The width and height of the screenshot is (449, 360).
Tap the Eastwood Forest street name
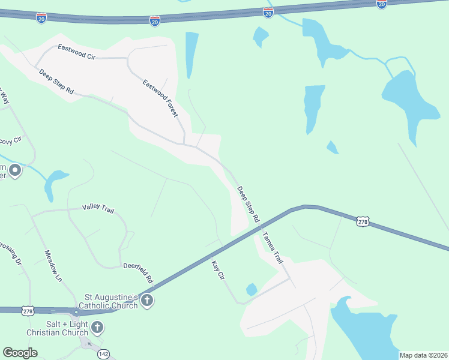161,97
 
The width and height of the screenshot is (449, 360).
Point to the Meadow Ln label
53,266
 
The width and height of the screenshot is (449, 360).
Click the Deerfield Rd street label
139,272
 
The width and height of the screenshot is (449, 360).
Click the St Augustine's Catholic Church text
111,301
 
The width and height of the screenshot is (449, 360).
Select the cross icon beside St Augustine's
148,301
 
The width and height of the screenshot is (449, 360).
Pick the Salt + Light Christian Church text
57,328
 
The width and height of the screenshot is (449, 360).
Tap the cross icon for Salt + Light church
97,328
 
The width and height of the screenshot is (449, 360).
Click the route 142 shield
103,354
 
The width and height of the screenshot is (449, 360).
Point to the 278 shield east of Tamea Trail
363,222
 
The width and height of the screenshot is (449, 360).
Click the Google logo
20,353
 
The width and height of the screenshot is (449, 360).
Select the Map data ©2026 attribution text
423,355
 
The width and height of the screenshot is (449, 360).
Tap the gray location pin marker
14,172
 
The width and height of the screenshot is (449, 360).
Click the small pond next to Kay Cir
252,290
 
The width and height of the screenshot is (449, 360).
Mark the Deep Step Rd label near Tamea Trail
247,203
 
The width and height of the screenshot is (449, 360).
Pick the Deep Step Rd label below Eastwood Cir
56,82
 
